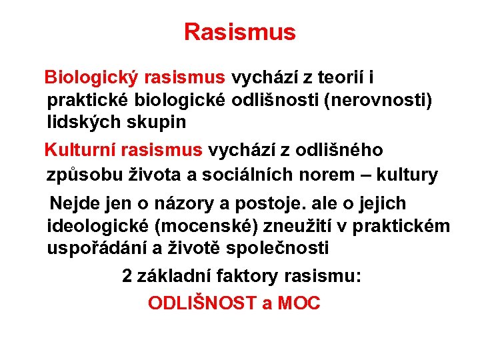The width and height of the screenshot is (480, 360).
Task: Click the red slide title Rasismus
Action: [x=239, y=32]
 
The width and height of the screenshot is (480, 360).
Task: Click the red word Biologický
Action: [x=91, y=78]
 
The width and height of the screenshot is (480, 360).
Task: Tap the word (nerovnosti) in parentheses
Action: [x=379, y=100]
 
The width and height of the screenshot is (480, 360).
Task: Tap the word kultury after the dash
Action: [x=407, y=175]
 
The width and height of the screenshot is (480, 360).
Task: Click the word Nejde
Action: [x=71, y=203]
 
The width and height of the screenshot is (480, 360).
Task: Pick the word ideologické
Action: [x=98, y=226]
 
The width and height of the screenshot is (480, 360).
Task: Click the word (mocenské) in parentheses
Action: [x=205, y=226]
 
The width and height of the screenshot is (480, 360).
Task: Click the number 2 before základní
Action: [x=127, y=276]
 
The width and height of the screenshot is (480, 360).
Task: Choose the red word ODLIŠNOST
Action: [x=202, y=303]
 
